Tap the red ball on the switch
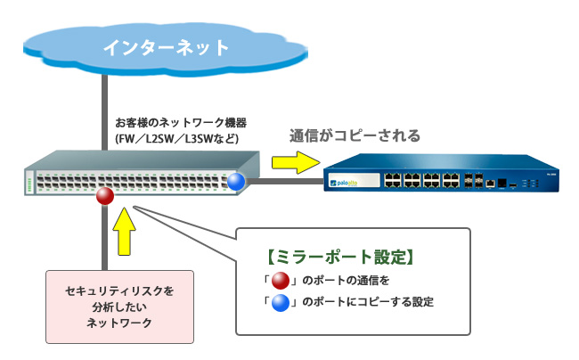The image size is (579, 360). (x=105, y=195)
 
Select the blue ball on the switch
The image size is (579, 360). (x=236, y=183)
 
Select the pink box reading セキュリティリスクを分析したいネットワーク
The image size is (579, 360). (x=119, y=306)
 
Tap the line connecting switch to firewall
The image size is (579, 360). (x=285, y=183)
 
